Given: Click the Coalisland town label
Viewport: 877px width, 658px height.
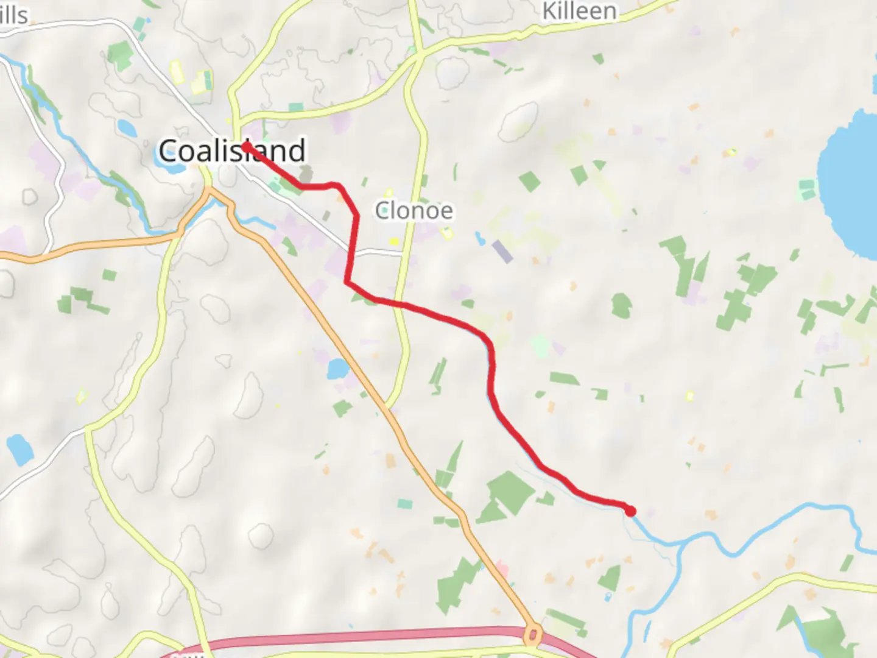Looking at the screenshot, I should pos(231,150).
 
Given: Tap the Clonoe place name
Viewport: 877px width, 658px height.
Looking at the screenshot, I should pos(414,211).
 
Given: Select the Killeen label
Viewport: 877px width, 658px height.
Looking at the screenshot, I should pos(579,11).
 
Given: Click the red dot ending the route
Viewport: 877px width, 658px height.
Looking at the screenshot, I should pos(631,511).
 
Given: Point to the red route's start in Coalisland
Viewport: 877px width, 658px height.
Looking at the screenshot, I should pos(245,146).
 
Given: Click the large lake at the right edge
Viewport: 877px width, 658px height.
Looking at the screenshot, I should pos(850,183).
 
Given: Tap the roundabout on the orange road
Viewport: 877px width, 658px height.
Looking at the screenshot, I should pos(533,635).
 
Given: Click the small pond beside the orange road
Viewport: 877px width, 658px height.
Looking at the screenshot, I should pos(337,369).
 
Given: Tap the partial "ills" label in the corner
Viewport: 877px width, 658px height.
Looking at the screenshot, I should pos(13,15).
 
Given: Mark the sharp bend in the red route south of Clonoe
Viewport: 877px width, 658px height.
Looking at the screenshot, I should pos(347,282).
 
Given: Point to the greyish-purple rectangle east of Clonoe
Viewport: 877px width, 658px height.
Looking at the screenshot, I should pos(502,251).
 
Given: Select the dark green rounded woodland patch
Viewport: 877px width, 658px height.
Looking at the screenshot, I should pos(621,305).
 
